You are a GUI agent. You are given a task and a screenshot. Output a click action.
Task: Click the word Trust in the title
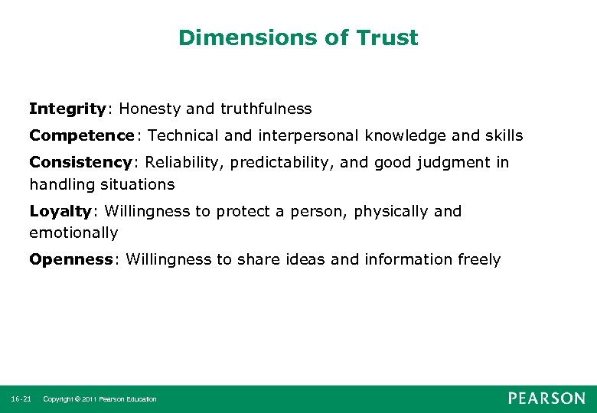coord(388,37)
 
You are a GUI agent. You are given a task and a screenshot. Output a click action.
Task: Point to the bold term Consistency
coord(80,162)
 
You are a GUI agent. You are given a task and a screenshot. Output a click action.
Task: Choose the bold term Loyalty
coord(60,211)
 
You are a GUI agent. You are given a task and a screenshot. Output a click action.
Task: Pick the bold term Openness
coord(71,259)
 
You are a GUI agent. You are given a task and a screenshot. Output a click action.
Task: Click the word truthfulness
coord(266,109)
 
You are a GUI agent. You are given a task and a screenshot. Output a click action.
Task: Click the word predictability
coord(294,162)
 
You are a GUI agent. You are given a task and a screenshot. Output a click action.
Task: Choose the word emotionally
coord(73,233)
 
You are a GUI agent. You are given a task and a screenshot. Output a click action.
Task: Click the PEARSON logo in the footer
coord(546,398)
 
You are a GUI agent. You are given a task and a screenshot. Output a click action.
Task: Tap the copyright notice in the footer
coord(99,399)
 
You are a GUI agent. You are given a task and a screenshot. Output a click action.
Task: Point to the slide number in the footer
coord(21,399)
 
